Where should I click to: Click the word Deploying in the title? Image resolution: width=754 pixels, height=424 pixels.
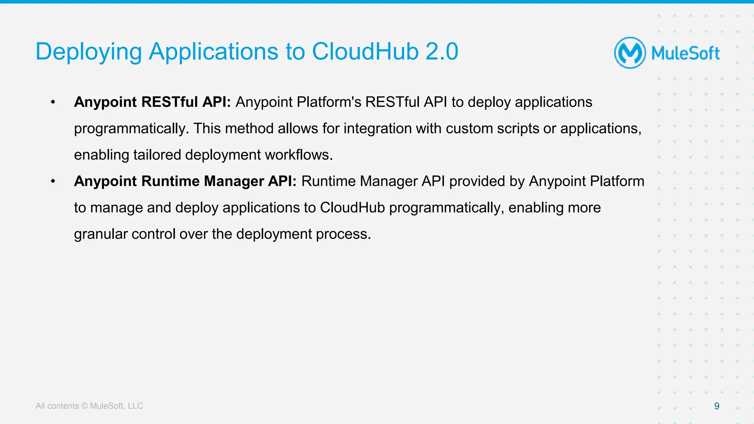(x=88, y=52)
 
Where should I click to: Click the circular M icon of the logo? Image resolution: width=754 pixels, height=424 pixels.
(x=630, y=53)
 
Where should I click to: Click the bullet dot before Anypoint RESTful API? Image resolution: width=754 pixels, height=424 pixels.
(x=53, y=102)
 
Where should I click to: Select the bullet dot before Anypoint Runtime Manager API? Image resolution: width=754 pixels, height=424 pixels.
(x=53, y=181)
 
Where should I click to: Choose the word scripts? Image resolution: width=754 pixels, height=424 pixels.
(x=519, y=128)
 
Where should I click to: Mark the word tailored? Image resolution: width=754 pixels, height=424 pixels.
(x=157, y=155)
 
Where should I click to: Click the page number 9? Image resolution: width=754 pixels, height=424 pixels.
(x=716, y=406)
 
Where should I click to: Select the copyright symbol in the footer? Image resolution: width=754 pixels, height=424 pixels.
(x=84, y=406)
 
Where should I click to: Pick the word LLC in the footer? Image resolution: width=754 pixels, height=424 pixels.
(x=135, y=406)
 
